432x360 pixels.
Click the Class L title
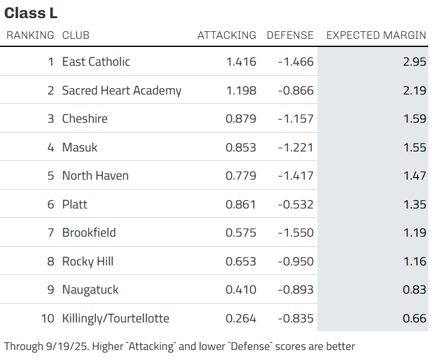click(31, 13)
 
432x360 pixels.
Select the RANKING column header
click(30, 35)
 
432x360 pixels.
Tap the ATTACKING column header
click(227, 35)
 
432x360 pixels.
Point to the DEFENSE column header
click(290, 35)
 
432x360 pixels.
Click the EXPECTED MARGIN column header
click(376, 35)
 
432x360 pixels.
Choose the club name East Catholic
click(96, 62)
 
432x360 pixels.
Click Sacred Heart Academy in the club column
click(122, 91)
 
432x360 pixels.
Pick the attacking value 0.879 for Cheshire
click(241, 119)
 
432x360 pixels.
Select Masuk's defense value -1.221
click(296, 147)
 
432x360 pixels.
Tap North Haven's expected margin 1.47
click(414, 176)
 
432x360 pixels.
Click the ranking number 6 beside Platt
click(51, 204)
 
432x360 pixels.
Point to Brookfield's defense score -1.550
click(296, 233)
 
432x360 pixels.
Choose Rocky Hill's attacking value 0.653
click(241, 262)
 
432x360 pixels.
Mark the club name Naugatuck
click(90, 290)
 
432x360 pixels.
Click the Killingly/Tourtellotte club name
click(116, 319)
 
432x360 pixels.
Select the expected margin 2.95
click(414, 62)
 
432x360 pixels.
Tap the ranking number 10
click(48, 319)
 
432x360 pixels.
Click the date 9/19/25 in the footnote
click(67, 346)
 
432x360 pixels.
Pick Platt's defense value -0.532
click(296, 204)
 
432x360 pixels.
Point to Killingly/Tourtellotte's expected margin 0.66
click(414, 319)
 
